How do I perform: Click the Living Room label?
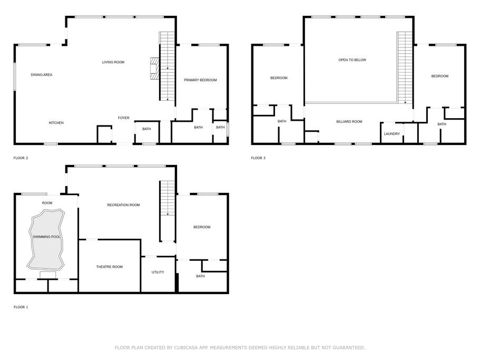pos(113,62)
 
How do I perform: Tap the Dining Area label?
pos(42,75)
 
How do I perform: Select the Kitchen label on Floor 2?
pos(56,123)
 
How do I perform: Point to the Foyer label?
pos(124,118)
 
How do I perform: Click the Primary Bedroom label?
pos(200,80)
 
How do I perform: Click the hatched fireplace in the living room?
pos(155,69)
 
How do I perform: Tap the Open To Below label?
pos(352,60)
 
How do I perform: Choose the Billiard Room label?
pos(349,122)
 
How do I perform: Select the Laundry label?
pos(392,134)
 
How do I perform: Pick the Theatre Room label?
pos(109,267)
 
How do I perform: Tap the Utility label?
pos(158,272)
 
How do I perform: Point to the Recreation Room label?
pos(123,205)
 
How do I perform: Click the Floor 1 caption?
pos(21,307)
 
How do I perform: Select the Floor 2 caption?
pos(21,158)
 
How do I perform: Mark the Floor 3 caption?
pos(258,158)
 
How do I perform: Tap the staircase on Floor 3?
pos(405,67)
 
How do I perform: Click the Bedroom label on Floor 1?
pos(202,227)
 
